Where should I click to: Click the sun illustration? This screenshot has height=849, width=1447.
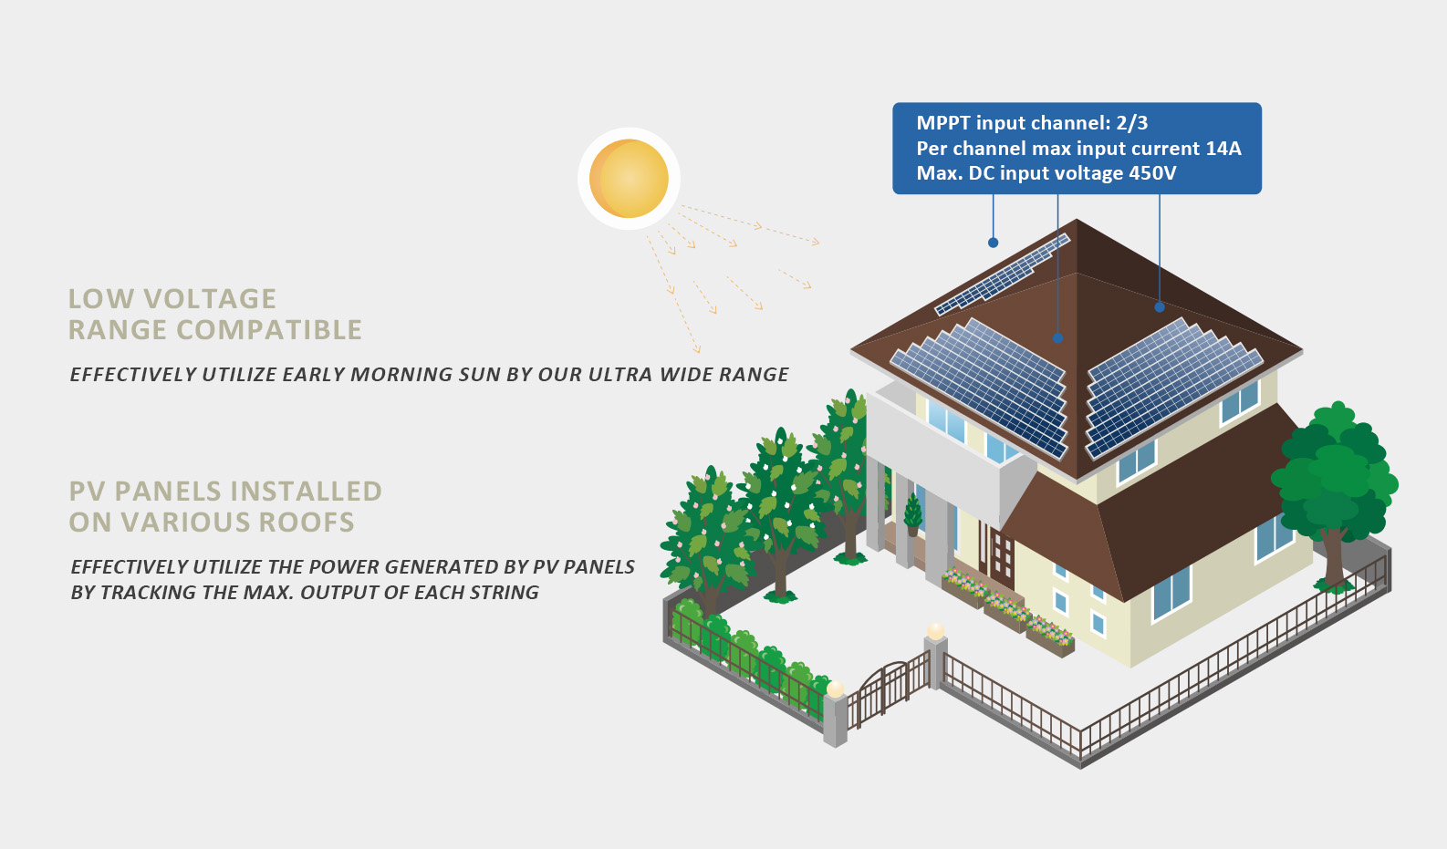pyautogui.click(x=629, y=178)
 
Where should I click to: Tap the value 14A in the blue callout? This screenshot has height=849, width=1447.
pyautogui.click(x=1223, y=149)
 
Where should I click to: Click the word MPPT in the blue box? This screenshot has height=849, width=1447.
pyautogui.click(x=943, y=123)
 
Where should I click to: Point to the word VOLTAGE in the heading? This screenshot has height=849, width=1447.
pyautogui.click(x=210, y=299)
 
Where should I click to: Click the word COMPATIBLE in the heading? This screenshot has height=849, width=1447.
pyautogui.click(x=269, y=330)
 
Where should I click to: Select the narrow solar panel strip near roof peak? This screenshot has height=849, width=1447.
pyautogui.click(x=1003, y=274)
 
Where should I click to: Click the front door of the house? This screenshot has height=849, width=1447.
pyautogui.click(x=1001, y=556)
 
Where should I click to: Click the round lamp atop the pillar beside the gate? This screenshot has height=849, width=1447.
pyautogui.click(x=935, y=631)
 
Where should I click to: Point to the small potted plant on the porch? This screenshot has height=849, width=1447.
pyautogui.click(x=912, y=515)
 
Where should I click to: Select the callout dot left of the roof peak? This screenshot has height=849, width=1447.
pyautogui.click(x=993, y=243)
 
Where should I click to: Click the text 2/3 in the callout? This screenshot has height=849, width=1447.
pyautogui.click(x=1131, y=123)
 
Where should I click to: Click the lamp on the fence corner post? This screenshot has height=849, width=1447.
pyautogui.click(x=835, y=689)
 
